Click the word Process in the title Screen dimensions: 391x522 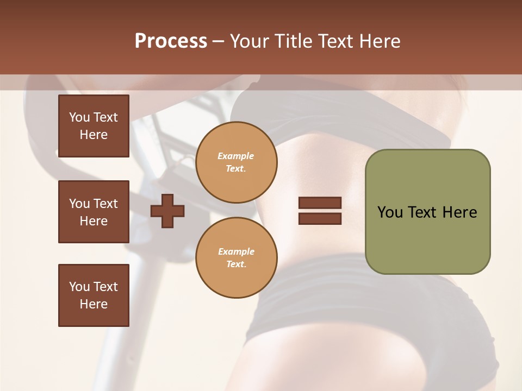171,41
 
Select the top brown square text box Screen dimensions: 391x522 94,126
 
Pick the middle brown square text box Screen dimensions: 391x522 94,212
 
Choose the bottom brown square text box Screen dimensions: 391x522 94,295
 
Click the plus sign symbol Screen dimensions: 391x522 167,211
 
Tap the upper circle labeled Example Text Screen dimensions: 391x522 236,162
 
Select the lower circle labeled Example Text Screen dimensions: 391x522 236,257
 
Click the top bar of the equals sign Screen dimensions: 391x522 320,203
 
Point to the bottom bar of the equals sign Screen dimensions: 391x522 320,219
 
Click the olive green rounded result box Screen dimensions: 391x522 427,239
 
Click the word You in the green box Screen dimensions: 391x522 390,212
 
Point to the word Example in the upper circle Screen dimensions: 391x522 236,156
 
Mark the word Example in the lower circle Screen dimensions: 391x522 236,251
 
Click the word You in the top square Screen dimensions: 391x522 79,117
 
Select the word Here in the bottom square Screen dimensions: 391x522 94,304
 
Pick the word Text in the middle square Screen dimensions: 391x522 105,204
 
